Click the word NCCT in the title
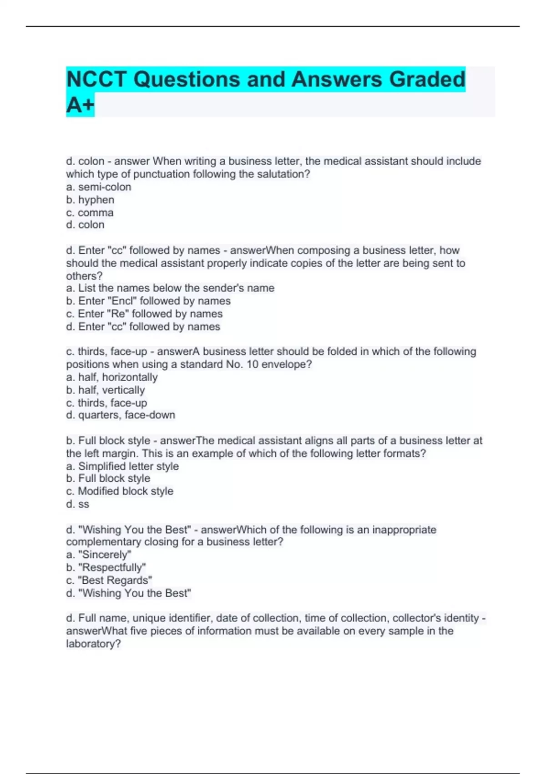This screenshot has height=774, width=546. (96, 79)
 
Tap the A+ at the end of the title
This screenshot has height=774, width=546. (80, 105)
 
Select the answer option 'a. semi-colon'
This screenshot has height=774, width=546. (98, 187)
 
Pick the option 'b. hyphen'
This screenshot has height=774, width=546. (90, 199)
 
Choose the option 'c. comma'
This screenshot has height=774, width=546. (90, 212)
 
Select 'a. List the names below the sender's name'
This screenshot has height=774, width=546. (170, 288)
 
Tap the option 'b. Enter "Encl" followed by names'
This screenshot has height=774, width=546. (148, 300)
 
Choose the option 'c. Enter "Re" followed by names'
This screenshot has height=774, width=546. (144, 314)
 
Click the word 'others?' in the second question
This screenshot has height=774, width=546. (84, 276)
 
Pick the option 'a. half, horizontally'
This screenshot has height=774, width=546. (112, 377)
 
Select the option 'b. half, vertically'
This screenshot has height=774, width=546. (106, 390)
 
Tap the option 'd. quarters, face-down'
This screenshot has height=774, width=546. (121, 415)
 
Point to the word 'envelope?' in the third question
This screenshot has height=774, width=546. (289, 364)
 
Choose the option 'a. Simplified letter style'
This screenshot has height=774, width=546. (122, 466)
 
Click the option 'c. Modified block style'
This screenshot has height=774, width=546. (120, 491)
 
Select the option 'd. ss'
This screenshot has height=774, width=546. (78, 504)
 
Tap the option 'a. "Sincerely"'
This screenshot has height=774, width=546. (99, 555)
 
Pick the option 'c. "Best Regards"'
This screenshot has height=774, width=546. (109, 580)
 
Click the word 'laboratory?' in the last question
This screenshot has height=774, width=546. (93, 644)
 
